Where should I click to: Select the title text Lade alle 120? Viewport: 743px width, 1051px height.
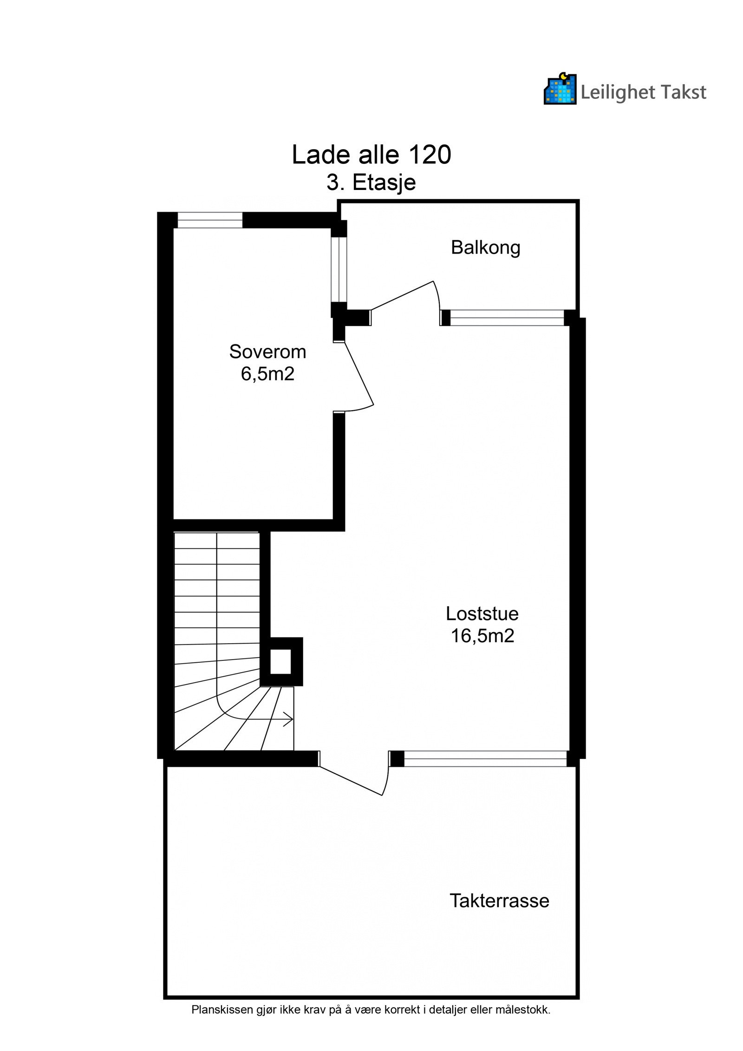[x=371, y=155]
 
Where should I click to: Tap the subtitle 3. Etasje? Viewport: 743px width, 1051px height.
[x=371, y=183]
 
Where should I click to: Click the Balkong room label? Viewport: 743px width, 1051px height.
[x=485, y=248]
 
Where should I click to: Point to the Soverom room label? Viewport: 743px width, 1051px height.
[x=267, y=352]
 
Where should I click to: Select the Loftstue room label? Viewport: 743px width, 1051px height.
[x=482, y=614]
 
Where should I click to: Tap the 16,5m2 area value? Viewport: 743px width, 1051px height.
[x=482, y=636]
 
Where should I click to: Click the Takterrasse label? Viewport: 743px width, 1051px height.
[x=499, y=901]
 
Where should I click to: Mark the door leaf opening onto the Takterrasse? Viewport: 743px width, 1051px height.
[x=351, y=781]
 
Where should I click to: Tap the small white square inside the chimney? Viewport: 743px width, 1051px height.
[x=280, y=662]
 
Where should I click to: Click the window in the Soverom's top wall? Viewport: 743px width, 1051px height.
[x=210, y=220]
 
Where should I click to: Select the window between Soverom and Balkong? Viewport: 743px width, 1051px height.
[x=339, y=269]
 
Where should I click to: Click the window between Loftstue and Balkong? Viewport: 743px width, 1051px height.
[x=507, y=318]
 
